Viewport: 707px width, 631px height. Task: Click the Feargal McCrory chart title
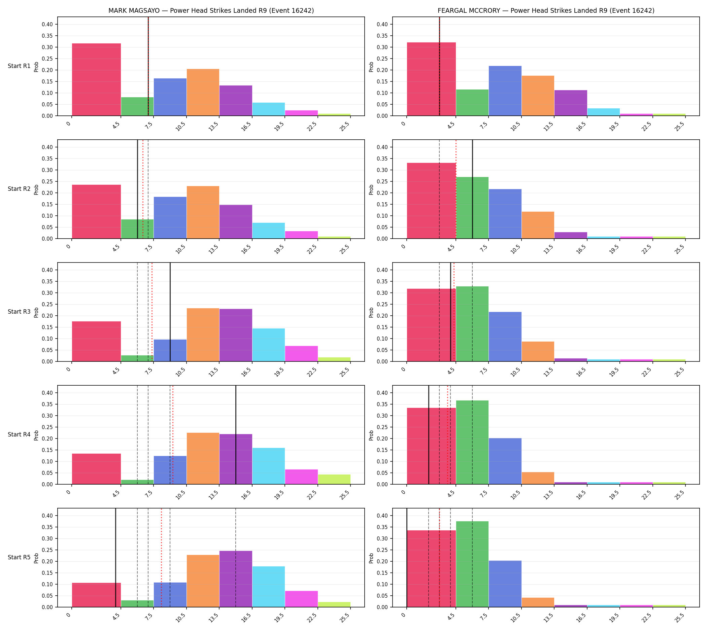tap(546, 11)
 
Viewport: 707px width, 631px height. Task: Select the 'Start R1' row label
tap(19, 66)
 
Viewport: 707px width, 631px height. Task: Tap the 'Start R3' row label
tap(19, 312)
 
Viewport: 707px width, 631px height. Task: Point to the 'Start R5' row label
tap(19, 557)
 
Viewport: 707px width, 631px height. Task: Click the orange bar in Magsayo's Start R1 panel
tap(203, 92)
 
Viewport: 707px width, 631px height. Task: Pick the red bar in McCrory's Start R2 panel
tap(431, 201)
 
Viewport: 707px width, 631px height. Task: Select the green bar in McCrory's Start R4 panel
tap(472, 443)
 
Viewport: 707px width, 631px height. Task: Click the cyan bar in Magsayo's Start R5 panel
tap(269, 587)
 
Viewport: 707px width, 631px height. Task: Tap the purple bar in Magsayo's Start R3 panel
tap(236, 335)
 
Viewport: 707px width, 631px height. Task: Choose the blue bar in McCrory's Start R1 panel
tap(505, 91)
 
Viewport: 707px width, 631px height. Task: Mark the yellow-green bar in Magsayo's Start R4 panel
tap(334, 479)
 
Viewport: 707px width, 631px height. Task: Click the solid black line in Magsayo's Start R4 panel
tap(236, 435)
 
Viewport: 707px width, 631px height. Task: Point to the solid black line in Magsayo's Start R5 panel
tap(115, 558)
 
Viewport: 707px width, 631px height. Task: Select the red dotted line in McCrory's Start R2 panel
tap(456, 189)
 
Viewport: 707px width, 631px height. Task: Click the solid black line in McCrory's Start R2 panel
tap(472, 189)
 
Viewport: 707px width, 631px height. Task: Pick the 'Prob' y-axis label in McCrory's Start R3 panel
tap(371, 312)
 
